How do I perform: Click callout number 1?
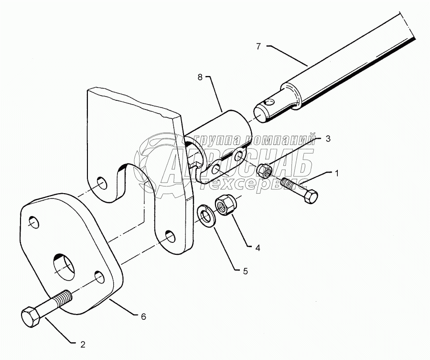(336, 173)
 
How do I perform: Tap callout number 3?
(328, 138)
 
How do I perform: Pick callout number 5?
(245, 271)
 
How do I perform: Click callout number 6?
(144, 316)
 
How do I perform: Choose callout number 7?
(258, 46)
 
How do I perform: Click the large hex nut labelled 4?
(224, 206)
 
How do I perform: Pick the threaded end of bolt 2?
(64, 299)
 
